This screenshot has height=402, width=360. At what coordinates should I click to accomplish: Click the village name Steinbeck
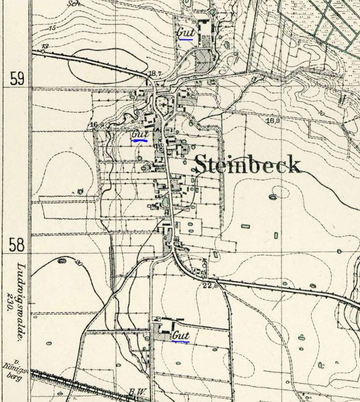coord(248,165)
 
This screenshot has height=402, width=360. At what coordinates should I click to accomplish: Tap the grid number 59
coord(17,79)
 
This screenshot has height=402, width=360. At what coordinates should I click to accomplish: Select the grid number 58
coord(17,244)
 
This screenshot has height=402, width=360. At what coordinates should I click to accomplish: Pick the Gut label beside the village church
coord(140,135)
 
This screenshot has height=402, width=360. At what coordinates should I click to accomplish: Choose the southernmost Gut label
coord(181,336)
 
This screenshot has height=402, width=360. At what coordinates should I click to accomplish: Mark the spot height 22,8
coord(209,285)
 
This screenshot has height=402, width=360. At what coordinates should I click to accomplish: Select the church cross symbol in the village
coord(164,103)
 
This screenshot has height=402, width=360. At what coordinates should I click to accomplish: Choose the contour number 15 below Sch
coord(53,28)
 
